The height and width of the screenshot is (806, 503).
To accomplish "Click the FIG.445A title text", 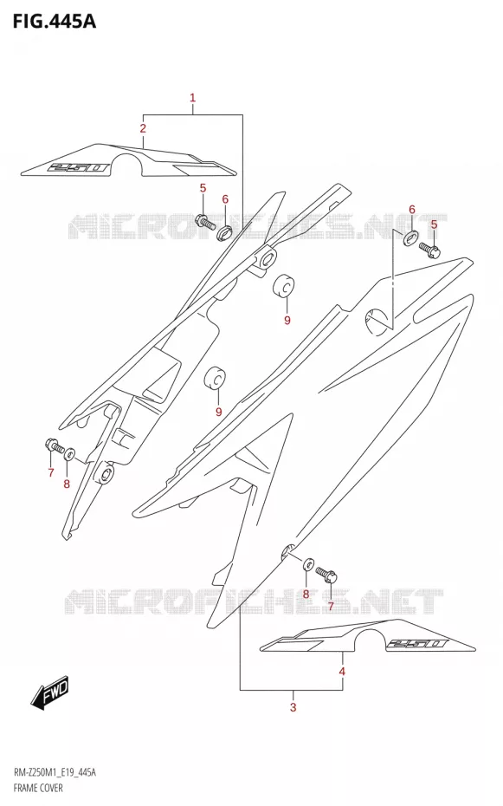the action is [x=54, y=21].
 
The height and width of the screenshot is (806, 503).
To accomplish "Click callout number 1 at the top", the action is [x=192, y=97].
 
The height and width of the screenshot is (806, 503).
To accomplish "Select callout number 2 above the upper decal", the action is [x=143, y=128].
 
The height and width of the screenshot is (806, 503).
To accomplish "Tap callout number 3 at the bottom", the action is [x=293, y=707].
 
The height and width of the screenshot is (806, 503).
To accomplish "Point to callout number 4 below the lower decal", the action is [x=342, y=672].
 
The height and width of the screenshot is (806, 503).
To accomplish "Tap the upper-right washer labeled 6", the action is [x=410, y=237].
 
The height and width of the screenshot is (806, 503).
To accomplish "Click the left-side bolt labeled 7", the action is [x=55, y=445].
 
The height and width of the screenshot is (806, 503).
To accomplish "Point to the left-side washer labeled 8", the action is [x=70, y=453].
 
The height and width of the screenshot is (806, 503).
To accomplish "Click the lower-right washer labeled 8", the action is [x=308, y=564].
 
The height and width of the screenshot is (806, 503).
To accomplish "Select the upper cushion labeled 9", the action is [x=283, y=286].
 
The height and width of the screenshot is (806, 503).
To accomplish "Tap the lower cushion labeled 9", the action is [x=216, y=379].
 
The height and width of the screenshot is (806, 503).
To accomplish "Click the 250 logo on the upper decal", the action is [x=78, y=167].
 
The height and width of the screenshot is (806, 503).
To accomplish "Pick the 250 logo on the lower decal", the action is [x=416, y=643].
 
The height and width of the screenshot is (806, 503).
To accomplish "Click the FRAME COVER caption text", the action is [x=37, y=788].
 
